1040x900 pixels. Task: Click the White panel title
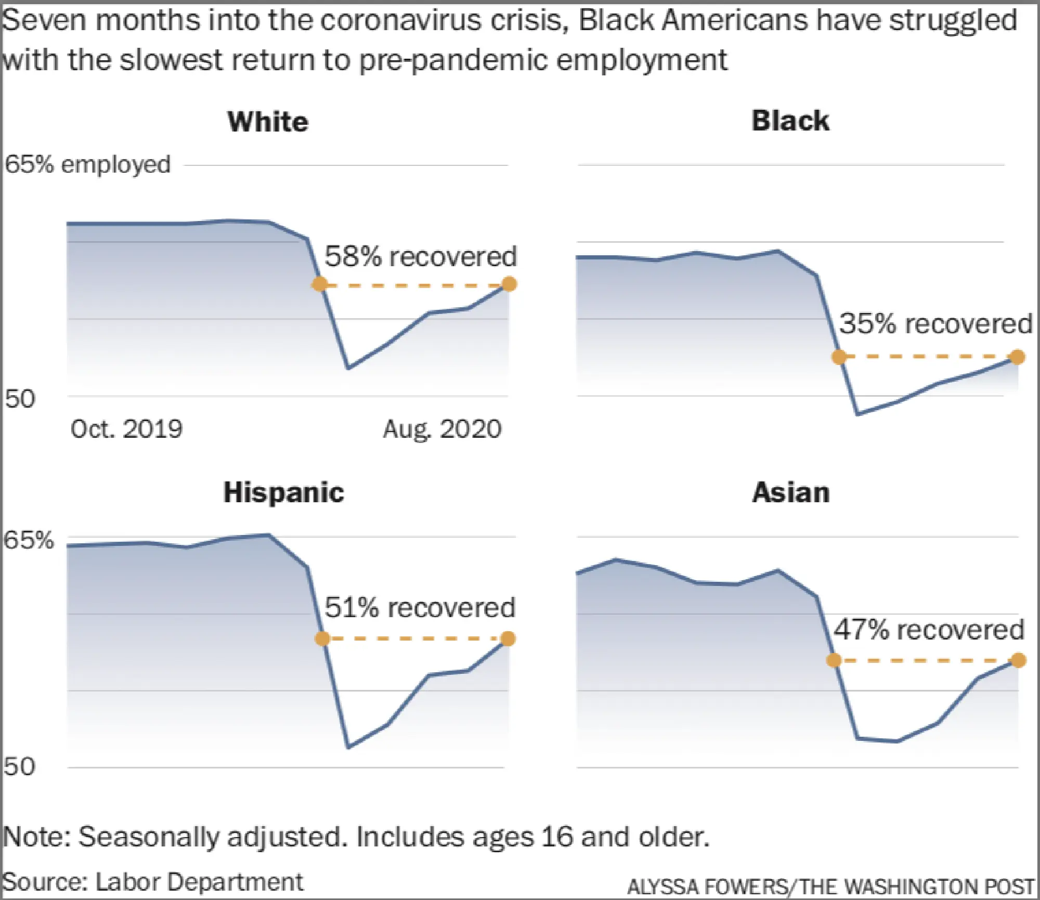coord(268,122)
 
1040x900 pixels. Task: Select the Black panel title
coord(790,121)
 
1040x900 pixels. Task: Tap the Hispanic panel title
coord(284,492)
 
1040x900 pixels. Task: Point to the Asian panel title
coord(791,492)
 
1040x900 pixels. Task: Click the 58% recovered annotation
coord(420,256)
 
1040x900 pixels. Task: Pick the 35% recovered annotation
coord(935,323)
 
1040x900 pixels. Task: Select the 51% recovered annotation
coord(420,607)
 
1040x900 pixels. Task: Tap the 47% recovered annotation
coord(929,630)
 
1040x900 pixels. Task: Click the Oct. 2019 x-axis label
coord(126,429)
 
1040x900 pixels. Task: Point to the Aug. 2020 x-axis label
coord(443,429)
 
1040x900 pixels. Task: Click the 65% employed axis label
coord(87,165)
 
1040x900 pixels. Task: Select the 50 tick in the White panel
coord(20,399)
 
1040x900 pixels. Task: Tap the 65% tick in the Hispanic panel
coord(28,540)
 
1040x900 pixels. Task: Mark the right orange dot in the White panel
coord(510,284)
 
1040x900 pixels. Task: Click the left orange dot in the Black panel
coord(839,357)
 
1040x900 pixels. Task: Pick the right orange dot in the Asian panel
coord(1019,660)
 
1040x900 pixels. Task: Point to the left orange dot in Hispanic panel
coord(322,638)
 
